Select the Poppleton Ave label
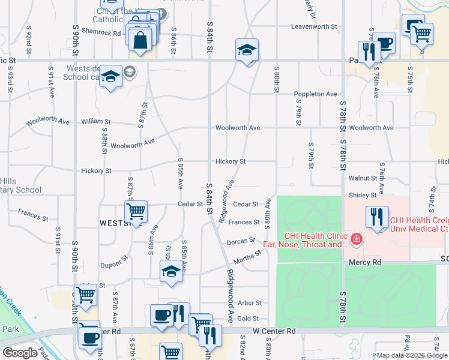coord(315,94)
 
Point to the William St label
coord(96,121)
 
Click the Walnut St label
coord(363,178)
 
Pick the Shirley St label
coord(362,195)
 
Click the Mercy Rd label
coord(365,263)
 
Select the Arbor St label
coord(250,304)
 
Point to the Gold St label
coord(248,319)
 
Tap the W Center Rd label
coord(274,331)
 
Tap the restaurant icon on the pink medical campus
coord(377,216)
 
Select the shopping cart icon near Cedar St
coord(136,212)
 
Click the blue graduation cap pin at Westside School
coord(110,76)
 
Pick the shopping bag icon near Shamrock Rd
coord(140,41)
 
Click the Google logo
coord(20,353)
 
